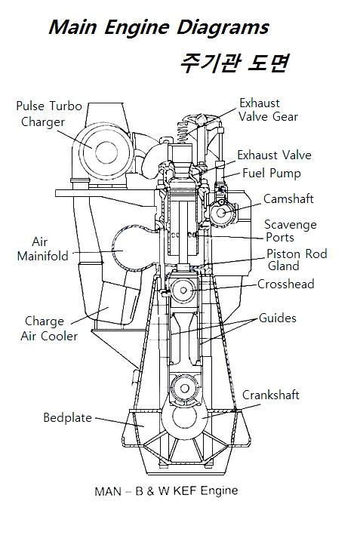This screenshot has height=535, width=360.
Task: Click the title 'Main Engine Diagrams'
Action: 159,27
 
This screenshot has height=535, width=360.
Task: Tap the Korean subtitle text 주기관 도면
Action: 235,63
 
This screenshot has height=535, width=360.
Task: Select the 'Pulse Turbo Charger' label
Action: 49,114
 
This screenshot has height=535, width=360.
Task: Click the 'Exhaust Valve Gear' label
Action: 268,110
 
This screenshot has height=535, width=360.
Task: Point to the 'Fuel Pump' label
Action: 272,173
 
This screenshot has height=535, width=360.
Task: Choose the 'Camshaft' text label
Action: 288,198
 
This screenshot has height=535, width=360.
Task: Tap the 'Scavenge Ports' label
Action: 291,231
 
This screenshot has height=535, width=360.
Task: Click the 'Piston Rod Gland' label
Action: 297,260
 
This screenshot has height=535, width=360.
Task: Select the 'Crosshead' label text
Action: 285,284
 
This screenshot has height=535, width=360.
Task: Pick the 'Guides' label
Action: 278,318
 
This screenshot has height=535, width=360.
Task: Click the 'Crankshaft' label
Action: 271,395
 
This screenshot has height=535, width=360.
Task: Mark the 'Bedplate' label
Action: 68,417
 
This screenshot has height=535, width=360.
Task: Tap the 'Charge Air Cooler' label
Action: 49,328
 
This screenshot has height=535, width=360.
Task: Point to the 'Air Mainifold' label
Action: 43,249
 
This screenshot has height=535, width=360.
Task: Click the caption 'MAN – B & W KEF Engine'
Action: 166,491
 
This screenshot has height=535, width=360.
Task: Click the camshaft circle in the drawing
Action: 221,212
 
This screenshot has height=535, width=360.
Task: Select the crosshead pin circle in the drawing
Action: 183,290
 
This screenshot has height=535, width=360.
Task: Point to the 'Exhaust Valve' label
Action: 275,155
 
